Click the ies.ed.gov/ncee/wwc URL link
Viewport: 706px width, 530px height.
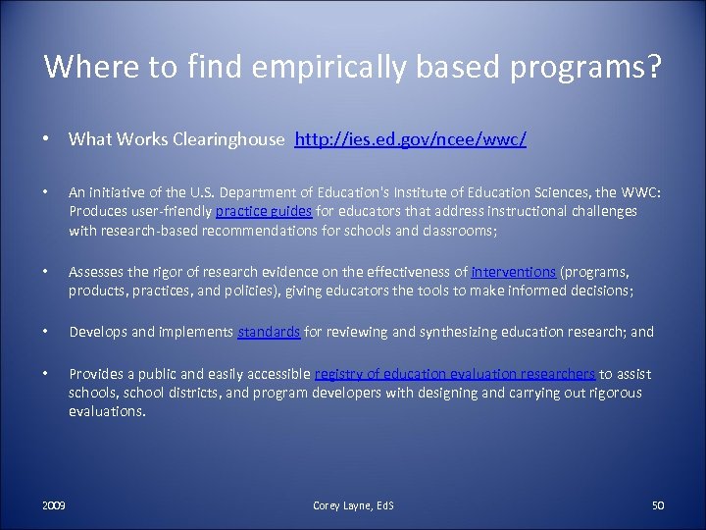coord(411,140)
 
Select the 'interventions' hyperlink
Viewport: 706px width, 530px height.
coord(514,272)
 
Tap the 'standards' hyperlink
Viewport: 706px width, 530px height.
coord(270,332)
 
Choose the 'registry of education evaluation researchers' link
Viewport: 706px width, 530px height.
coord(455,374)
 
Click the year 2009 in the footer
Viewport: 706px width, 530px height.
coord(54,504)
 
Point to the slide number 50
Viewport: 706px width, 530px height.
coord(658,504)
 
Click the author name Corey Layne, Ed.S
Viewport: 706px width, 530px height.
coord(353,504)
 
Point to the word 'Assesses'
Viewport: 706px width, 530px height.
coord(97,272)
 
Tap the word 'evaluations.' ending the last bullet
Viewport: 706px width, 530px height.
coord(107,411)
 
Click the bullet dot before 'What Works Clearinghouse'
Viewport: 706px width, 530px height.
coord(47,140)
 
